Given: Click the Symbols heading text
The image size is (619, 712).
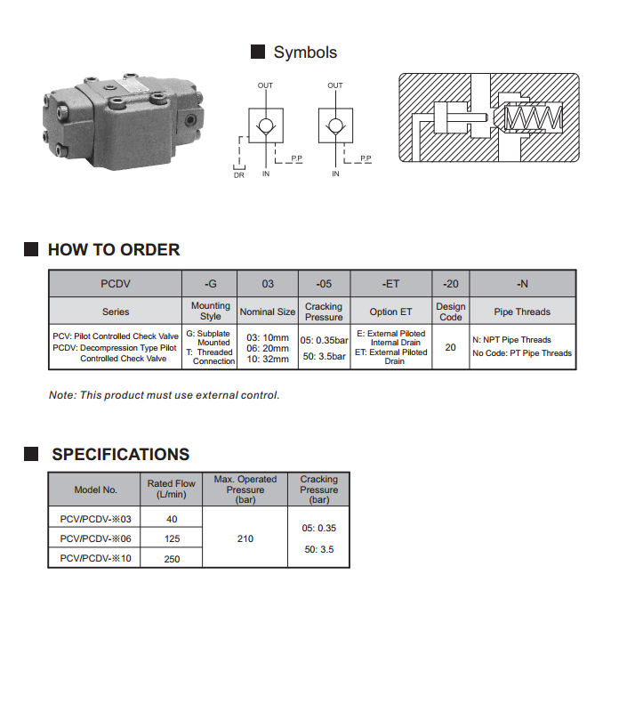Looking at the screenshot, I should click(x=305, y=53).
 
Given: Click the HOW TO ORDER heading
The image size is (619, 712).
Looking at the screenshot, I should click(x=114, y=250).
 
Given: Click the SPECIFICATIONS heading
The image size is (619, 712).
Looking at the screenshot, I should click(x=120, y=455).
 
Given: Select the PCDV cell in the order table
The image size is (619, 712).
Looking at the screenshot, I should click(x=116, y=284).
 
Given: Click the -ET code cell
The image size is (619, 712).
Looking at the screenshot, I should click(x=391, y=284).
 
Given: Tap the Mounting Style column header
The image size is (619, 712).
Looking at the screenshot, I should click(x=211, y=311).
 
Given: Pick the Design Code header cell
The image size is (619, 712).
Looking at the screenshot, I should click(x=450, y=311).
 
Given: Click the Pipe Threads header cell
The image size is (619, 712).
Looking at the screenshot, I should click(x=522, y=311).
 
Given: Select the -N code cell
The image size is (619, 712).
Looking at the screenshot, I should click(x=522, y=284).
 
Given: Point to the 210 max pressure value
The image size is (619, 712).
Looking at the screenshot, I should click(x=245, y=538).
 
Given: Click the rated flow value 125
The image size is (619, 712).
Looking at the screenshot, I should click(x=172, y=538).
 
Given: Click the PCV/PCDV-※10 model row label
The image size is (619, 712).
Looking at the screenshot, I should click(x=95, y=558).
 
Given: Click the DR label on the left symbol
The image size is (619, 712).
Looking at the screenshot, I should click(x=238, y=175).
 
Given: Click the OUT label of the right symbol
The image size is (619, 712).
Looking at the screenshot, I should click(x=334, y=85).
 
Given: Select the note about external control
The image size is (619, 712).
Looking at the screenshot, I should click(x=164, y=395).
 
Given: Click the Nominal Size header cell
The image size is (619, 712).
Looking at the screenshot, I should click(x=267, y=311).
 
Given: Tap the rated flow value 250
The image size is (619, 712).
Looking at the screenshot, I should click(x=172, y=558).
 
